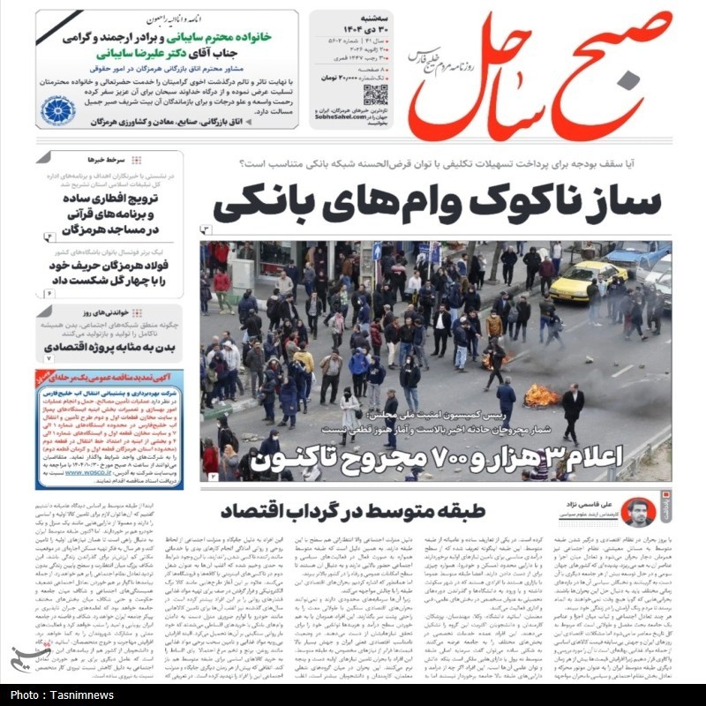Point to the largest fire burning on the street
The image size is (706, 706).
pos(541,396)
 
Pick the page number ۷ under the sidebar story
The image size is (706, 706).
pos(49,358)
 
